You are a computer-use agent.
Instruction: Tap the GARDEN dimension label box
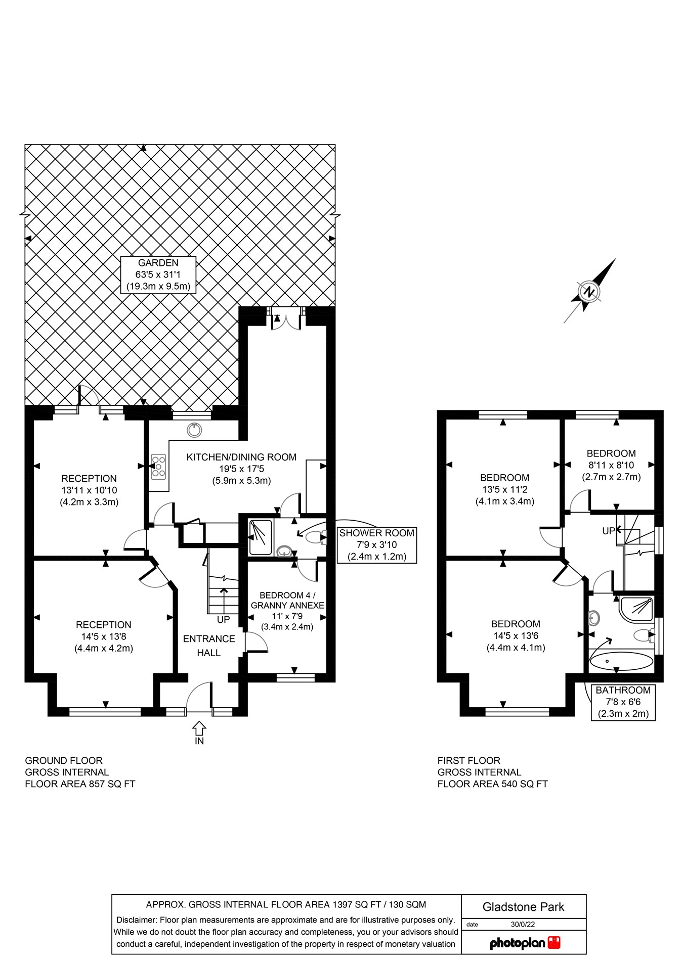coord(158,274)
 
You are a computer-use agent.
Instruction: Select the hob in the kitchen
coord(158,467)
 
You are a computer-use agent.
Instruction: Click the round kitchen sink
coord(194,430)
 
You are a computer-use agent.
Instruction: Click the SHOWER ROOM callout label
coord(376,544)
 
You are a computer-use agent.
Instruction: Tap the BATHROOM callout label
coord(623,702)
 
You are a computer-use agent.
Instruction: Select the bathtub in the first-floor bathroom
coord(621,661)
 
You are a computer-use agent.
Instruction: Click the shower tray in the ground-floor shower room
coord(261,537)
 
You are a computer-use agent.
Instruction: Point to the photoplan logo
coord(524,943)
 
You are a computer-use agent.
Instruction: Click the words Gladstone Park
coord(523,906)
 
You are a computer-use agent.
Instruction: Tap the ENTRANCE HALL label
coord(209,646)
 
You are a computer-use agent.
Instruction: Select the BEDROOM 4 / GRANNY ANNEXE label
coord(287,611)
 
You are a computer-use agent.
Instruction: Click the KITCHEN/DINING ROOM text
coord(241,457)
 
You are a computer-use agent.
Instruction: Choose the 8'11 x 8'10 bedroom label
coord(611,465)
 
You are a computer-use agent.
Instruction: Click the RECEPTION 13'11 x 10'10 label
coord(89,490)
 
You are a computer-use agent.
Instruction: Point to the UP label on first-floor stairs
coord(608,531)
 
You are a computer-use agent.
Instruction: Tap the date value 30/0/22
coord(523,924)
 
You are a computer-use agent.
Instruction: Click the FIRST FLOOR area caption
coord(492,772)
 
